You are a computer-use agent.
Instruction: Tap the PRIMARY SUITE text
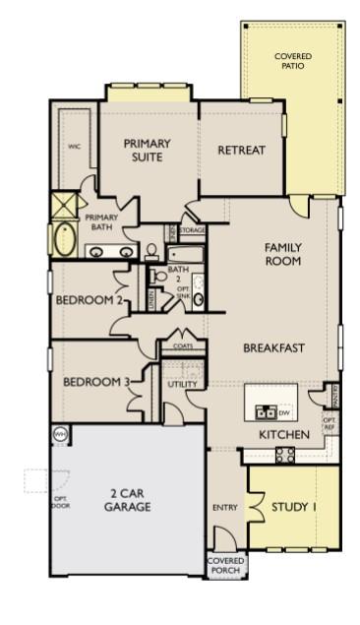(147, 150)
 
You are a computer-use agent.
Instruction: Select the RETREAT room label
(241, 150)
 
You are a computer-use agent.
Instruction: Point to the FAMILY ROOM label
(282, 254)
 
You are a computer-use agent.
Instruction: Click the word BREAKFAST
(272, 347)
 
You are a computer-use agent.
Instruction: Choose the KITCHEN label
(283, 434)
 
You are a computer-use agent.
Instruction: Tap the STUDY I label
(294, 507)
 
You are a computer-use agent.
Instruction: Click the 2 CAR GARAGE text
(128, 501)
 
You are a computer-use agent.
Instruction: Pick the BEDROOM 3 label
(96, 382)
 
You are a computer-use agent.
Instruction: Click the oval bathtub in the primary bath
(64, 240)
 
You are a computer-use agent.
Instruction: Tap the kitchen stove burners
(284, 454)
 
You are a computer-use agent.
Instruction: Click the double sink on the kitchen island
(265, 410)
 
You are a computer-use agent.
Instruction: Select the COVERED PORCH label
(224, 565)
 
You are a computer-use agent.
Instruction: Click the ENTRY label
(225, 507)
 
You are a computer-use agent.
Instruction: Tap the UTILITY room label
(183, 384)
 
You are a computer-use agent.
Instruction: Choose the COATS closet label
(183, 346)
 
